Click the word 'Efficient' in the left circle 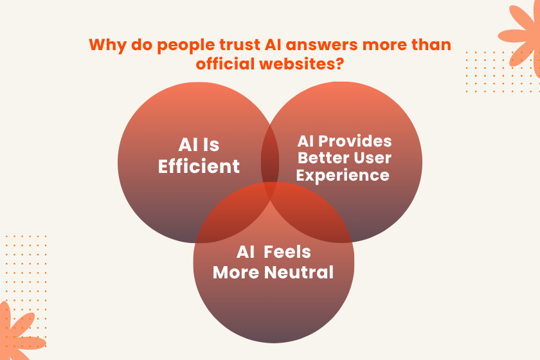[199, 166]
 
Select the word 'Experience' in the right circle [343, 175]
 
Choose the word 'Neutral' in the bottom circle [299, 272]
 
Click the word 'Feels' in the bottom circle [287, 252]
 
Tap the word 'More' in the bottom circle [236, 272]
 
